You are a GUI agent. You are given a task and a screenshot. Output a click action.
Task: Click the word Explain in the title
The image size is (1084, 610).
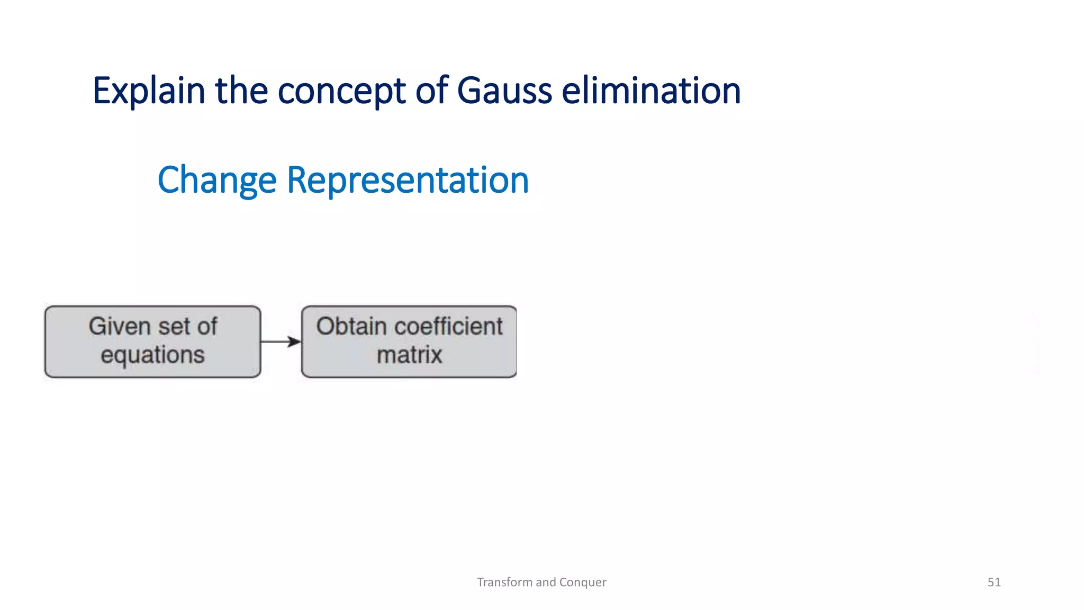(149, 91)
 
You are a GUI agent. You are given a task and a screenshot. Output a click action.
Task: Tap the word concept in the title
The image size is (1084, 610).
(341, 91)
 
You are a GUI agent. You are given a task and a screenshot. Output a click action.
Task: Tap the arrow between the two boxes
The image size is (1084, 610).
(281, 342)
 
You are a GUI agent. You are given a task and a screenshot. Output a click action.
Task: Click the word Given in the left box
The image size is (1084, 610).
(120, 326)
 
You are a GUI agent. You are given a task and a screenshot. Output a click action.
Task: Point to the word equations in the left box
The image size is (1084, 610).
(152, 354)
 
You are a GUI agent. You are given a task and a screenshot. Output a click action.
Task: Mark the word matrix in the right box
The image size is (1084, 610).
(409, 354)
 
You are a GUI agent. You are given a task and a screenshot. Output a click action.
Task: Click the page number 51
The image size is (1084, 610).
(994, 582)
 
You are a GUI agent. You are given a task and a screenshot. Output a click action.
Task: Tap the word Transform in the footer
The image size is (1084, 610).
(504, 582)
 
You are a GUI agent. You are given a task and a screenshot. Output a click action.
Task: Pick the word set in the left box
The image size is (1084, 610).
(170, 326)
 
